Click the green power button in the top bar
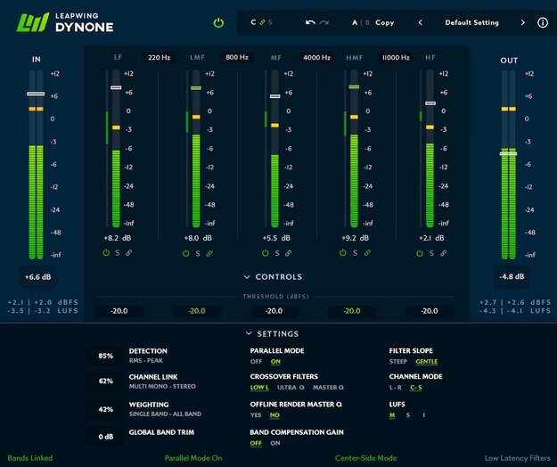coord(218,22)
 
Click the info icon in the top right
coord(543,22)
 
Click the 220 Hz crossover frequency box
coord(160,58)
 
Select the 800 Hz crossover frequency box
coord(237,58)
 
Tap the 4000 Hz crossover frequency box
coord(316,58)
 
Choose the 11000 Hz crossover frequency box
coord(395,58)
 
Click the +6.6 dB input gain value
coord(37,276)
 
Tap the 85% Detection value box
coord(106,356)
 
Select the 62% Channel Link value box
coord(106,382)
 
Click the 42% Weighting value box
coord(106,410)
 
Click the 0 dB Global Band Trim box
coord(106,437)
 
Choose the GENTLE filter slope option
coord(427,362)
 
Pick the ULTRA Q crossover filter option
coord(291,388)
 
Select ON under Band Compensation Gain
coord(276,443)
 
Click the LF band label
coord(119,57)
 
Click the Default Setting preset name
coord(471,22)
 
